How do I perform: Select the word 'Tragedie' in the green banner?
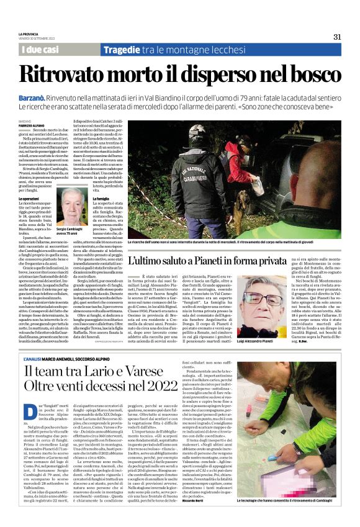[124, 49]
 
